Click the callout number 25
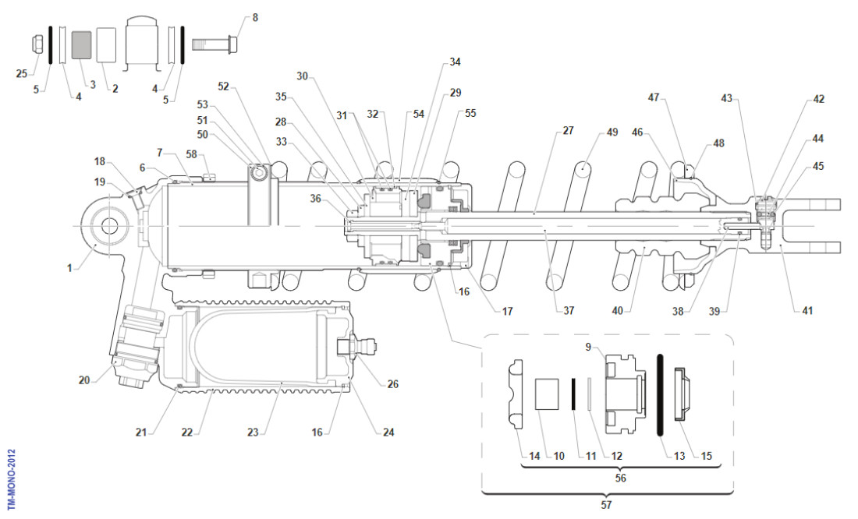click(x=21, y=73)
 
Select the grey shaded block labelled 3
click(x=81, y=45)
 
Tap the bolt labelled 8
click(x=214, y=40)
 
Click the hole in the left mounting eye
click(x=108, y=226)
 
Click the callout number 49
click(x=612, y=132)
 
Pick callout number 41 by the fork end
click(x=807, y=310)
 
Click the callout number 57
click(x=608, y=504)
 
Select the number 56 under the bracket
click(x=620, y=478)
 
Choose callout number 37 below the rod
click(x=569, y=310)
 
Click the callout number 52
click(x=224, y=86)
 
